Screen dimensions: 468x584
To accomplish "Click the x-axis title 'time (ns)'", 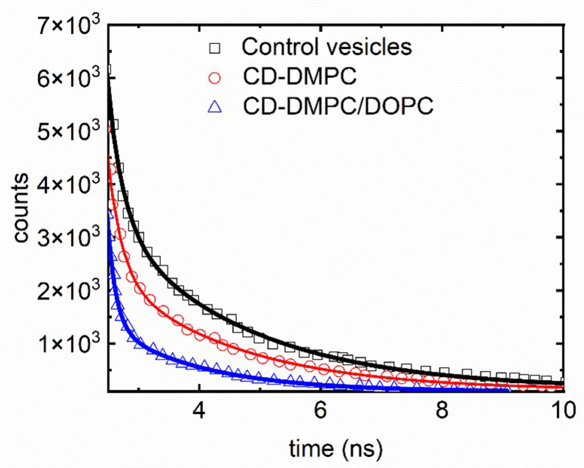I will (x=336, y=448).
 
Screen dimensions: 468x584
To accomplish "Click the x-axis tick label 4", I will (x=199, y=411).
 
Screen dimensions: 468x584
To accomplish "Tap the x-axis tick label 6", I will (x=320, y=411).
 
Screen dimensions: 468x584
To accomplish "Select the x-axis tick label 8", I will (x=442, y=411).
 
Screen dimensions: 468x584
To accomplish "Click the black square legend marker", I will (x=215, y=48).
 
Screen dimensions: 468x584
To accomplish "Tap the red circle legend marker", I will (x=215, y=78).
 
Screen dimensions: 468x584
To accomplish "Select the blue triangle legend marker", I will (x=215, y=107).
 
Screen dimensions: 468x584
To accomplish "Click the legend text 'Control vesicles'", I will (x=326, y=47).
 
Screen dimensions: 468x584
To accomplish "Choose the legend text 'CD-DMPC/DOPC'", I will (x=338, y=106).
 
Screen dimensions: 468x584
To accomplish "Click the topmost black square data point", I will (x=109, y=69).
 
